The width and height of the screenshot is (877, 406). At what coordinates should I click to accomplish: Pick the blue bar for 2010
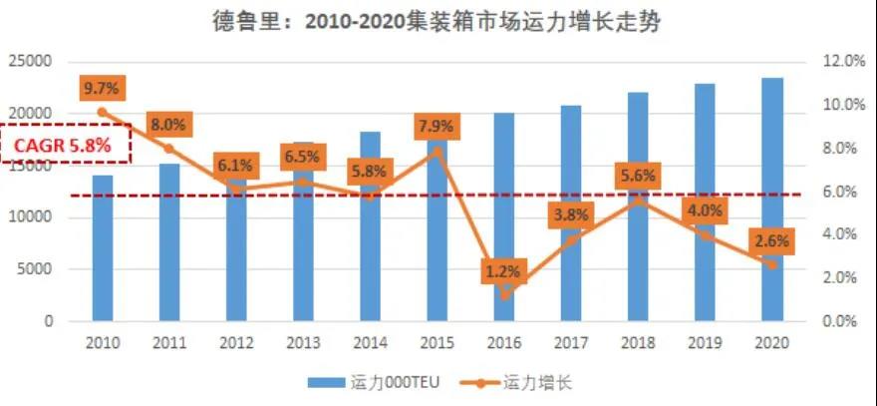point(103,249)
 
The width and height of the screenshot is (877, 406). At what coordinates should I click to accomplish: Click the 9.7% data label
point(102,88)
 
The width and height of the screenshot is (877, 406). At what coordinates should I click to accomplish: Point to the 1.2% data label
point(504,270)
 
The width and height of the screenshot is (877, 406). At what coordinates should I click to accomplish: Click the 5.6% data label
point(638,176)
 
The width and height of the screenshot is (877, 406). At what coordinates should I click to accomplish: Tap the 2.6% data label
point(772,240)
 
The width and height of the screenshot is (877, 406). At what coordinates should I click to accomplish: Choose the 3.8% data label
point(571,213)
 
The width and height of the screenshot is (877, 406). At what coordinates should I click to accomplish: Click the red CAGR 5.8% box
point(68,144)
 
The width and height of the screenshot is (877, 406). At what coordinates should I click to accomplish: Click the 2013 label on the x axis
point(303,342)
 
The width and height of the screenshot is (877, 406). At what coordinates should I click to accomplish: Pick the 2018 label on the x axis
point(638,342)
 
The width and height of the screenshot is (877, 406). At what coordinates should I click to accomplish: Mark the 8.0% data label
point(168,125)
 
